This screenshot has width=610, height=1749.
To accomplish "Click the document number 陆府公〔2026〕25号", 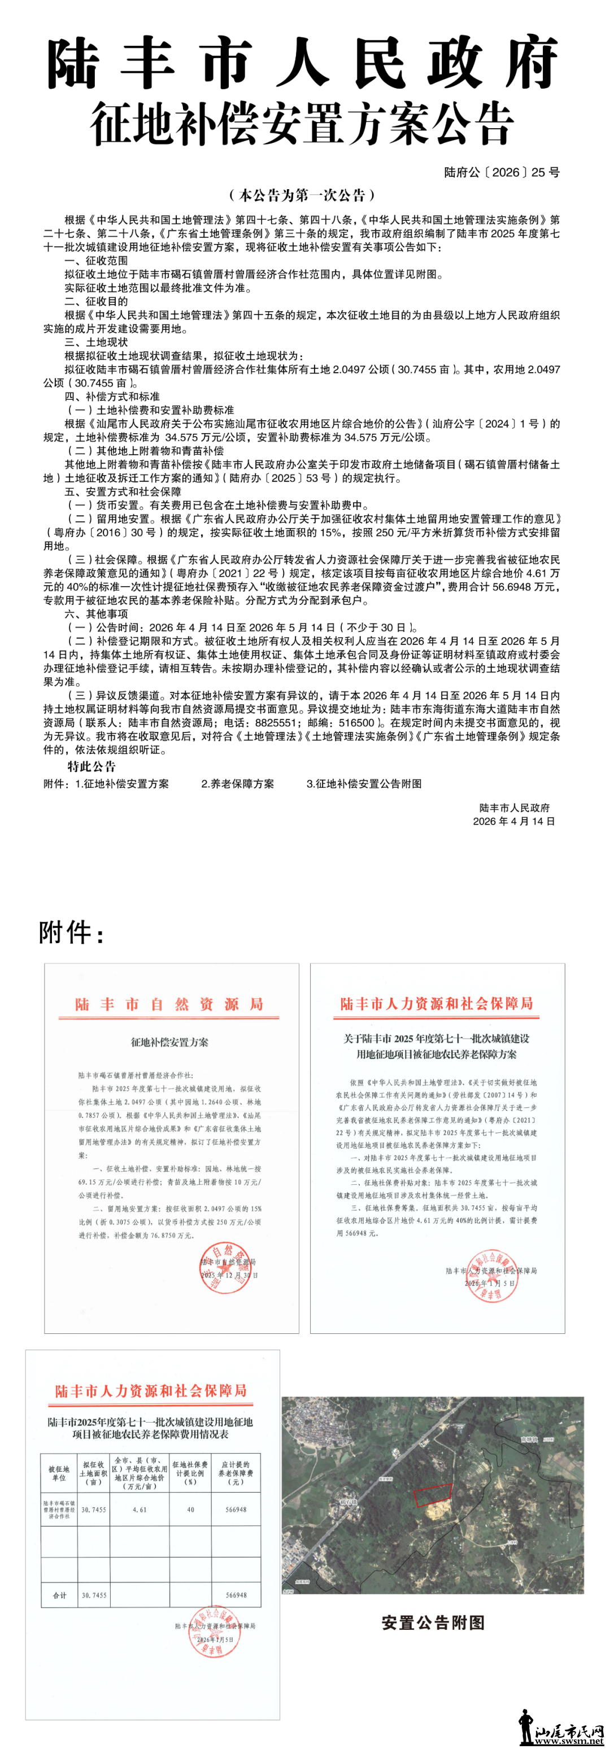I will click(502, 172).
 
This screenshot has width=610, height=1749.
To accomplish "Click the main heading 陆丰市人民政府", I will click(303, 64).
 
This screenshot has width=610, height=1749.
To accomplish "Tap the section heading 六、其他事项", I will click(96, 614).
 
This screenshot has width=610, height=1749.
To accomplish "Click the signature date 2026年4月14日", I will click(513, 821).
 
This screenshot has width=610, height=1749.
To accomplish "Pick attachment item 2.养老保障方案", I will click(238, 783).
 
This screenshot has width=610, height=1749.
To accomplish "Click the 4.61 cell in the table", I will click(140, 1510).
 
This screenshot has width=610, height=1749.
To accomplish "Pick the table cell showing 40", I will click(190, 1510).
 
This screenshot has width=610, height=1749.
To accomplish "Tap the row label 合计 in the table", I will click(60, 1595).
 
